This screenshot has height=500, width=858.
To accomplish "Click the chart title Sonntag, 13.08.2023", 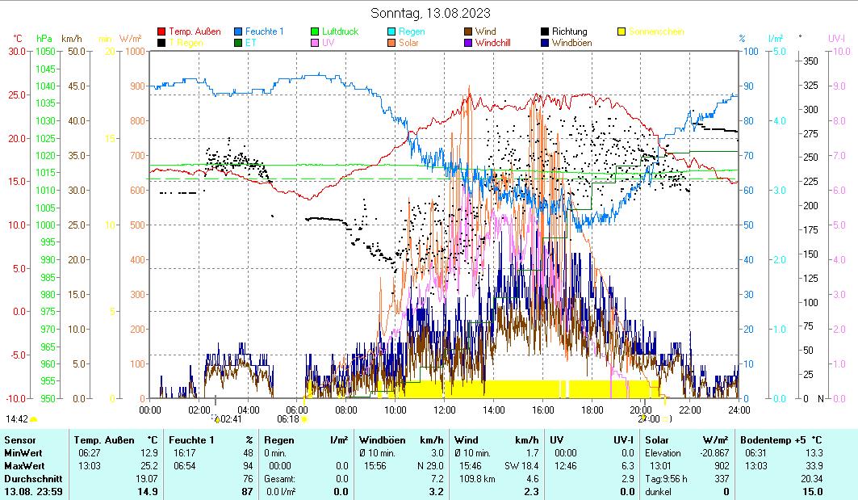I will click(430, 13).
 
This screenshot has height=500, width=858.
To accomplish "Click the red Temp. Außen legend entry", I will click(195, 32).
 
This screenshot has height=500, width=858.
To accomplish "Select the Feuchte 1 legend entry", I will click(264, 32).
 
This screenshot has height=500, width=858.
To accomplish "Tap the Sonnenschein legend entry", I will click(655, 32).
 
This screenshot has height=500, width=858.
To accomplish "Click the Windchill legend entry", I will click(492, 43).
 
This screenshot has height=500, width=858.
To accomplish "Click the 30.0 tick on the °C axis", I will click(17, 52).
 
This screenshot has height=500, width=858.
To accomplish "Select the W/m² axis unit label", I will click(131, 39).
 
